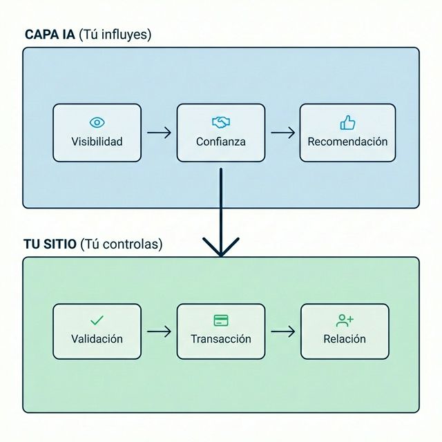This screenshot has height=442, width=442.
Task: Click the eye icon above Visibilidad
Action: [x=97, y=123]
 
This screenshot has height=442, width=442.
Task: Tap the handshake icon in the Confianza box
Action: [x=220, y=122]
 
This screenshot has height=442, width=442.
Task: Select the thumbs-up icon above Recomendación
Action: [x=347, y=123]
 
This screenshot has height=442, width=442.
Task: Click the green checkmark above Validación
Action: [x=97, y=320]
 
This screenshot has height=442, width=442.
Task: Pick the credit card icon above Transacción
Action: [x=221, y=320]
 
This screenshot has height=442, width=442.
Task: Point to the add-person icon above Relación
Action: [x=345, y=320]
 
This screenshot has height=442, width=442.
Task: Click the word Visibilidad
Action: [x=97, y=142]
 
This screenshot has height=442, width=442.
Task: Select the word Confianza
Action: [x=220, y=142]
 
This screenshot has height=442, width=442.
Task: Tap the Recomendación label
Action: [x=347, y=142]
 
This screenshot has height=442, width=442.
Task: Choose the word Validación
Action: [x=97, y=339]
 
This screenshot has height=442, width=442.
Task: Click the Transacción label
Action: [x=221, y=339]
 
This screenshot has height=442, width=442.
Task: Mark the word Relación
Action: [x=345, y=339]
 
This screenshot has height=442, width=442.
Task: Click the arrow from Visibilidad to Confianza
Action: [x=159, y=133]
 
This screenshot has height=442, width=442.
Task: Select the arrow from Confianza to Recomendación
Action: [x=282, y=133]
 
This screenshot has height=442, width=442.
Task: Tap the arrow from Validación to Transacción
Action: [x=159, y=331]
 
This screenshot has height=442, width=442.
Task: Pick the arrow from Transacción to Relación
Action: [x=282, y=331]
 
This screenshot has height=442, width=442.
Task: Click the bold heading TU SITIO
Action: [x=50, y=244]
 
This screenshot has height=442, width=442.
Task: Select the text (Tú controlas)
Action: [x=122, y=244]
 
